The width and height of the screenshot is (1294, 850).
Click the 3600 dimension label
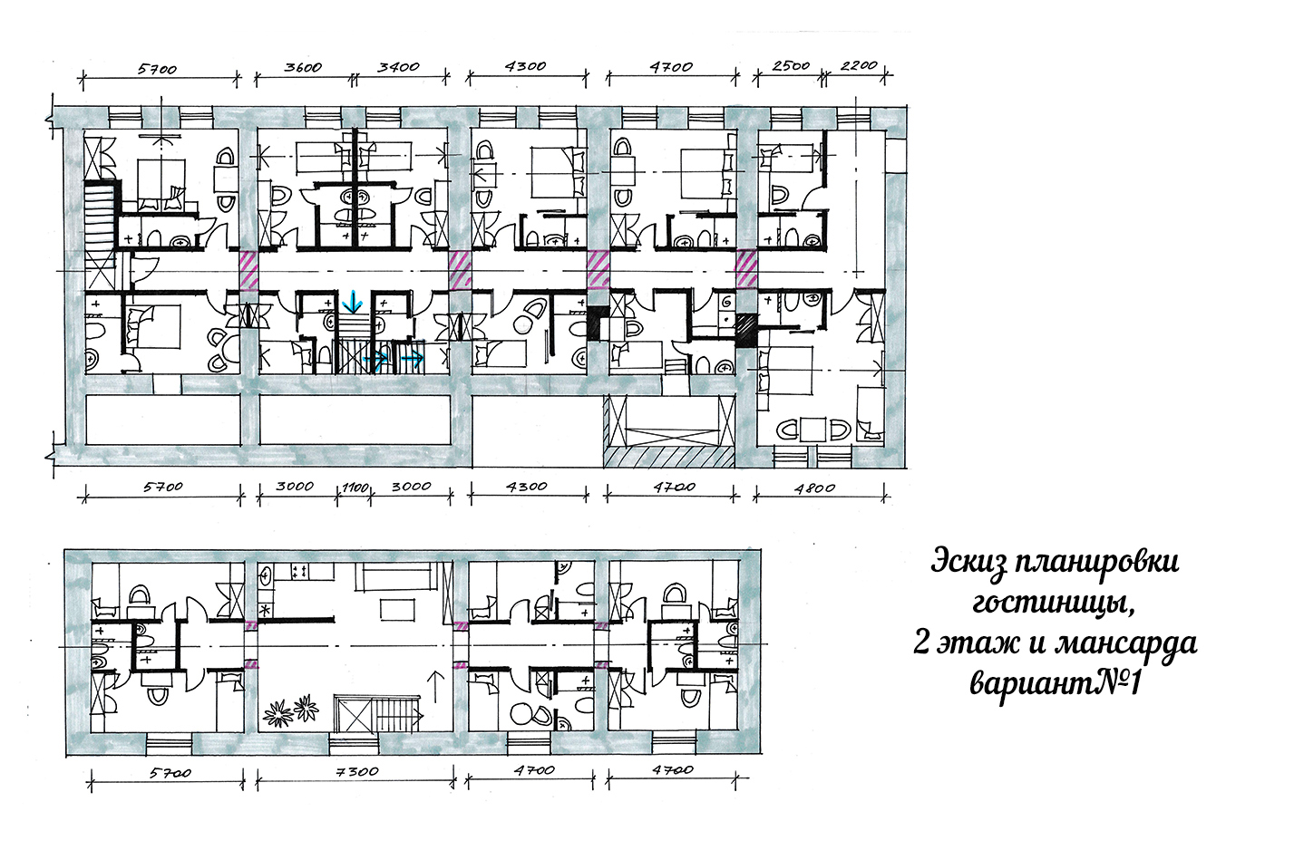click(303, 67)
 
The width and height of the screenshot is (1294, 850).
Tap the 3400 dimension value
click(398, 67)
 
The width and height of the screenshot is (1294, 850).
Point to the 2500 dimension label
click(791, 66)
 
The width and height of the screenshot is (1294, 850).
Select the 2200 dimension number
click(859, 66)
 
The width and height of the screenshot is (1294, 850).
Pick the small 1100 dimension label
click(355, 488)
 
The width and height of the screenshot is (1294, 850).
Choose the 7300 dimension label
click(358, 771)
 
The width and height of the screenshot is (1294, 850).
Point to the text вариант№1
click(1055, 683)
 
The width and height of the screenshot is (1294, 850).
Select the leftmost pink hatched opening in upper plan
click(248, 269)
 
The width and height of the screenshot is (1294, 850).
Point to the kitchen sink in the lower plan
click(266, 575)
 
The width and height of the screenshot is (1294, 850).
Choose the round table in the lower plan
click(523, 711)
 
